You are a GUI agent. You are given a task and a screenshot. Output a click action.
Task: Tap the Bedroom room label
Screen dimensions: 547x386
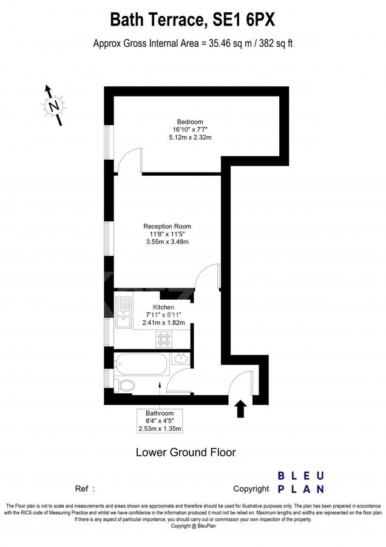(190, 121)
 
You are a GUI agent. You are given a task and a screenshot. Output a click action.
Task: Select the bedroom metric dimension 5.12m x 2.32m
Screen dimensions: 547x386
(190, 138)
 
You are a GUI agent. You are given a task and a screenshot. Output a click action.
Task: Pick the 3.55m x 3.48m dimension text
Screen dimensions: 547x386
(168, 242)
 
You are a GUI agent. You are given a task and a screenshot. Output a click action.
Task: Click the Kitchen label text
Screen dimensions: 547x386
(163, 307)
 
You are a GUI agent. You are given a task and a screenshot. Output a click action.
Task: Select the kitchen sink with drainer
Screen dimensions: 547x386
(123, 312)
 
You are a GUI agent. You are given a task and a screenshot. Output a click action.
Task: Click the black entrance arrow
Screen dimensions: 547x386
(240, 408)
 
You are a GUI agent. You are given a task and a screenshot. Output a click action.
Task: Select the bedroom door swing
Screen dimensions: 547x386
(130, 162)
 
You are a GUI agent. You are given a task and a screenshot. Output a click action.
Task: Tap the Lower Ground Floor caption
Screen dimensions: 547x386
(185, 452)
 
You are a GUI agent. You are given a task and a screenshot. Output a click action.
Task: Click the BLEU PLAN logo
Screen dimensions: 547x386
(301, 483)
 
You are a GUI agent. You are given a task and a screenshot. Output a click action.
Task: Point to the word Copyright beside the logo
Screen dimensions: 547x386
(251, 489)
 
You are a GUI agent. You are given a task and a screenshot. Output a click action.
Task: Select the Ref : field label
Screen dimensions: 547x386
(85, 489)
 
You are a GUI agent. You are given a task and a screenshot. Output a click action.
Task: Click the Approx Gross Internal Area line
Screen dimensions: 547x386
(192, 43)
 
